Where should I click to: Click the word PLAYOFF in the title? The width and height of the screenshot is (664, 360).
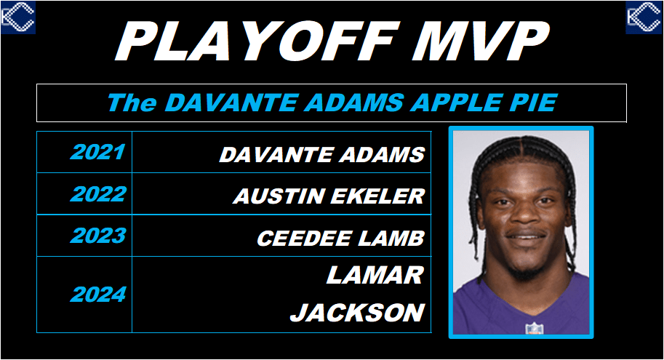(258, 41)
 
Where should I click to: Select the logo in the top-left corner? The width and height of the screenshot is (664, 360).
(17, 17)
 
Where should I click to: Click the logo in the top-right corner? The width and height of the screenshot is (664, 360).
(644, 17)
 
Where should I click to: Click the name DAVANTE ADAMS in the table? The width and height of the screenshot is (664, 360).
(322, 155)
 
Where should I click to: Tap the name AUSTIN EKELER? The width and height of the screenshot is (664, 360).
(329, 196)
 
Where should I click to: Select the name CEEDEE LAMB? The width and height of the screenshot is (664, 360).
(340, 238)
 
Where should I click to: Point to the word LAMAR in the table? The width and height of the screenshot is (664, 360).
(375, 275)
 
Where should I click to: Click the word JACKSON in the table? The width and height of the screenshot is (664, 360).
(357, 313)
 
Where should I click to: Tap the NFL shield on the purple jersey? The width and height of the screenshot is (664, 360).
(534, 328)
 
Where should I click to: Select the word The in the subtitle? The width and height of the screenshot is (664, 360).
(132, 103)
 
